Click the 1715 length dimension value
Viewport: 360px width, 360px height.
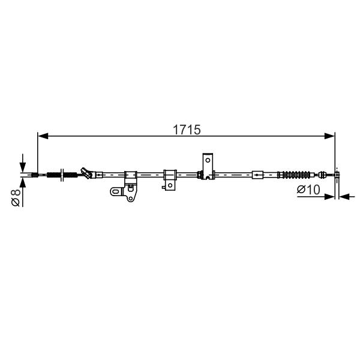(187, 130)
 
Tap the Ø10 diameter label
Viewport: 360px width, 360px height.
(308, 190)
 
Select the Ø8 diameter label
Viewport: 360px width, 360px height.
(16, 197)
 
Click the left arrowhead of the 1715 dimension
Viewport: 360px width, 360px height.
(43, 136)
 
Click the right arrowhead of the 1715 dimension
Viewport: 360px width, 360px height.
(329, 136)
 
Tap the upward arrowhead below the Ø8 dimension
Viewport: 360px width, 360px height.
(23, 183)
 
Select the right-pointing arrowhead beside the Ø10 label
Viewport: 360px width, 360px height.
(329, 197)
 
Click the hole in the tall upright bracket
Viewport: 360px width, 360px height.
(208, 160)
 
